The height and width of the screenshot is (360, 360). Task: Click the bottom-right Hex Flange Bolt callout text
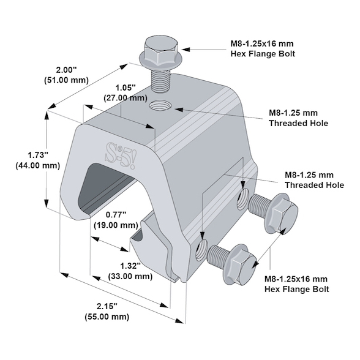296,284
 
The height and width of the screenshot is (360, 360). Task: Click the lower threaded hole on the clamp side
200,249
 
